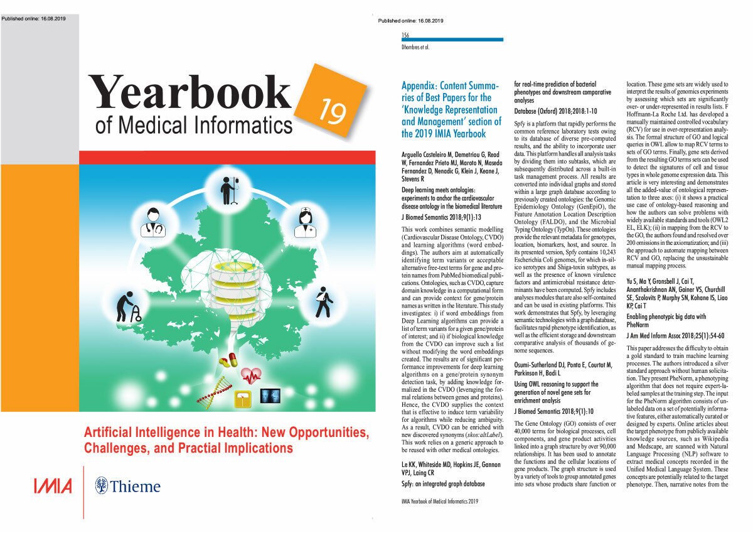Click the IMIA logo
[x=52, y=486]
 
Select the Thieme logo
[x=127, y=486]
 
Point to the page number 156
[x=405, y=35]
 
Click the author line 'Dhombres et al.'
[x=415, y=46]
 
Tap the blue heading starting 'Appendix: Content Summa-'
[x=451, y=109]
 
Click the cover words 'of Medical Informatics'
[x=193, y=126]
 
